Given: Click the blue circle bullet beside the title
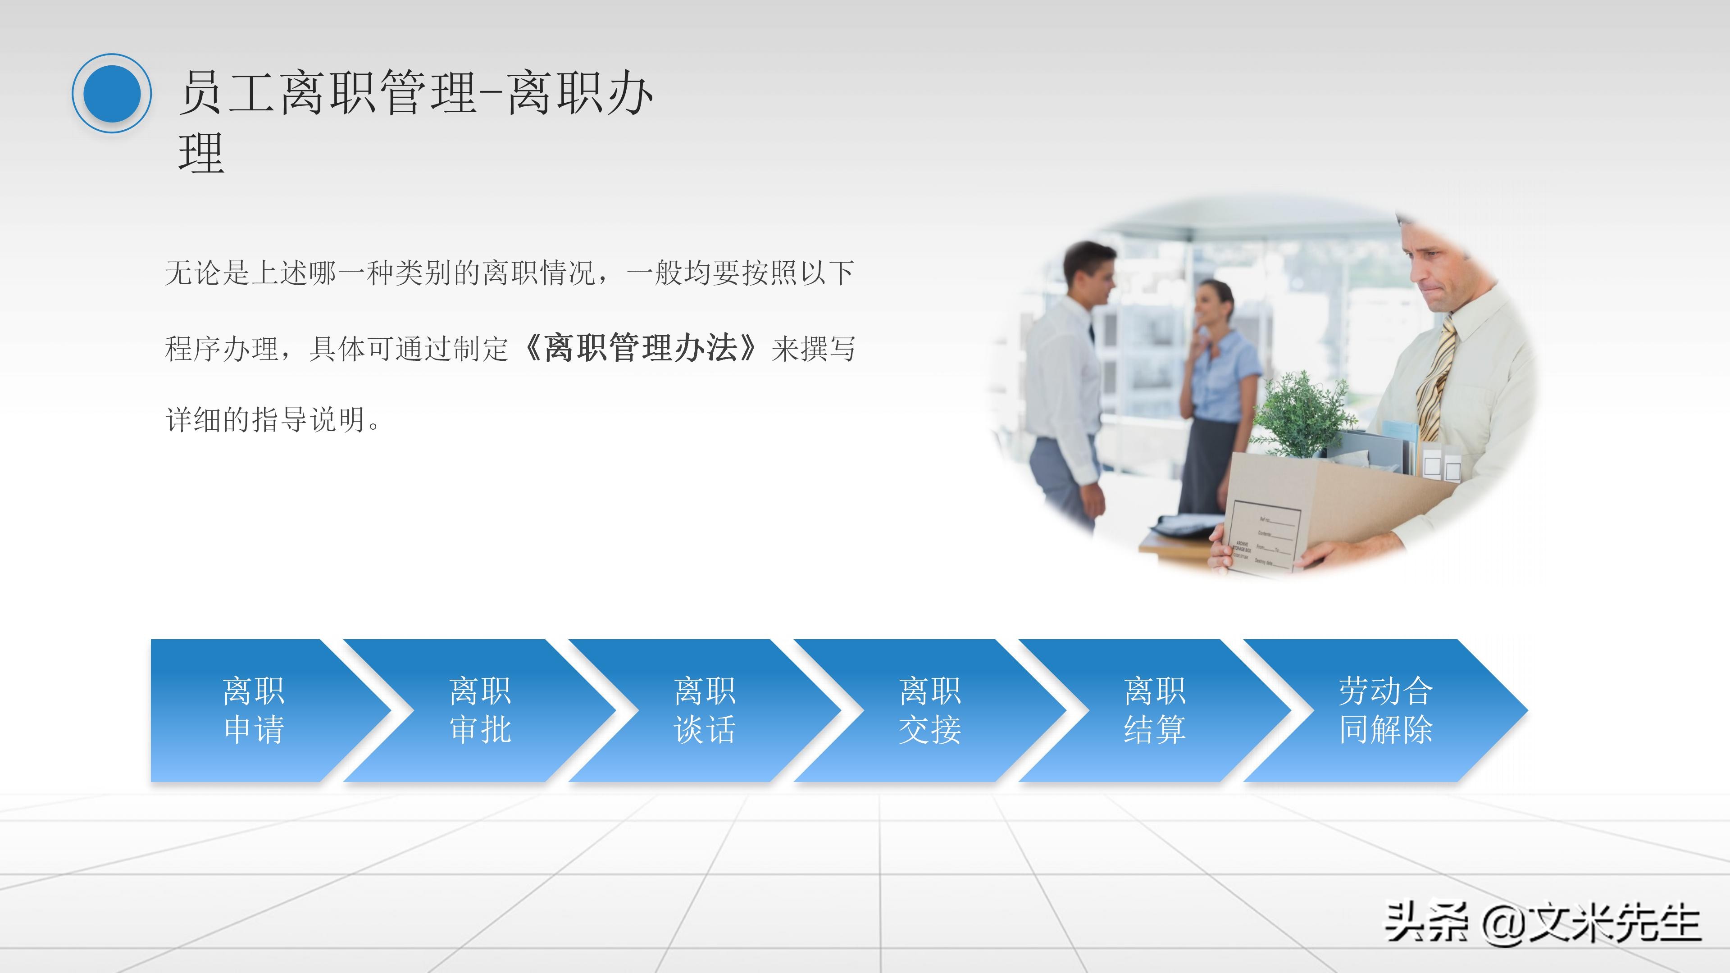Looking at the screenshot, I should pos(111,93).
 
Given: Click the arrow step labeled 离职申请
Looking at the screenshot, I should pos(254,710).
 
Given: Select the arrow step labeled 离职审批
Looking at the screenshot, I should pos(480,710).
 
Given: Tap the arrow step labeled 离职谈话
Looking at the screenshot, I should pos(705,710).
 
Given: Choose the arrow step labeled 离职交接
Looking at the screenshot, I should pos(930,710).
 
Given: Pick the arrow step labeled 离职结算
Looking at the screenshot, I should pos(1155,710).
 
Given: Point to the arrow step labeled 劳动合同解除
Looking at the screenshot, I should pos(1385,710).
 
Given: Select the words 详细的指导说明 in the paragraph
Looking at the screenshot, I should pos(265,420).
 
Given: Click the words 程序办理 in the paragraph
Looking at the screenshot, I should pos(222,349).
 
